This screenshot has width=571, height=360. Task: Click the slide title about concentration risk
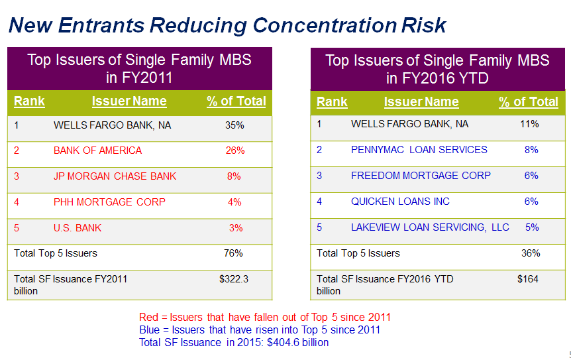coord(227,25)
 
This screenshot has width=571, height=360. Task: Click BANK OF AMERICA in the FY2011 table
coord(97,150)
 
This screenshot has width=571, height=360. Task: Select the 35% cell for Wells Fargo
coord(234,125)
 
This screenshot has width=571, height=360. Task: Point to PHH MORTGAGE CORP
coord(109,202)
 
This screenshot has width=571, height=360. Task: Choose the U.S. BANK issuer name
coord(78,228)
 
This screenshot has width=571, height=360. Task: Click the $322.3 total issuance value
coord(234,279)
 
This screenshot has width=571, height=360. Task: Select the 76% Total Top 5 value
coord(234,253)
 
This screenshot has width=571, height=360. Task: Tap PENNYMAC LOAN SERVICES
coord(419,150)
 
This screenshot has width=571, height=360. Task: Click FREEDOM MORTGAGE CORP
coord(421,176)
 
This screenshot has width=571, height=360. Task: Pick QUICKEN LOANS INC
coord(400,202)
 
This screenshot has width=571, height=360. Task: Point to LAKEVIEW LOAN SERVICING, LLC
coord(430,227)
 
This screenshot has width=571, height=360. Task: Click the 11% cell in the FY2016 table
coord(530,124)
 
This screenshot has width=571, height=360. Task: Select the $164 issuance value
coord(528,279)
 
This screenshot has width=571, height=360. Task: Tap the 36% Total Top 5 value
coord(531,253)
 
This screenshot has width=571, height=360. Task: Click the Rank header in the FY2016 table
coord(332,102)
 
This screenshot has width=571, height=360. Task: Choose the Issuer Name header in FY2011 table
coord(129,101)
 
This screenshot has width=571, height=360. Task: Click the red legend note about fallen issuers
coord(265,317)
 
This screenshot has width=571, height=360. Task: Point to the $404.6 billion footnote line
coord(234,342)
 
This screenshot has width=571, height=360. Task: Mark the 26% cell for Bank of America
coord(235,150)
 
